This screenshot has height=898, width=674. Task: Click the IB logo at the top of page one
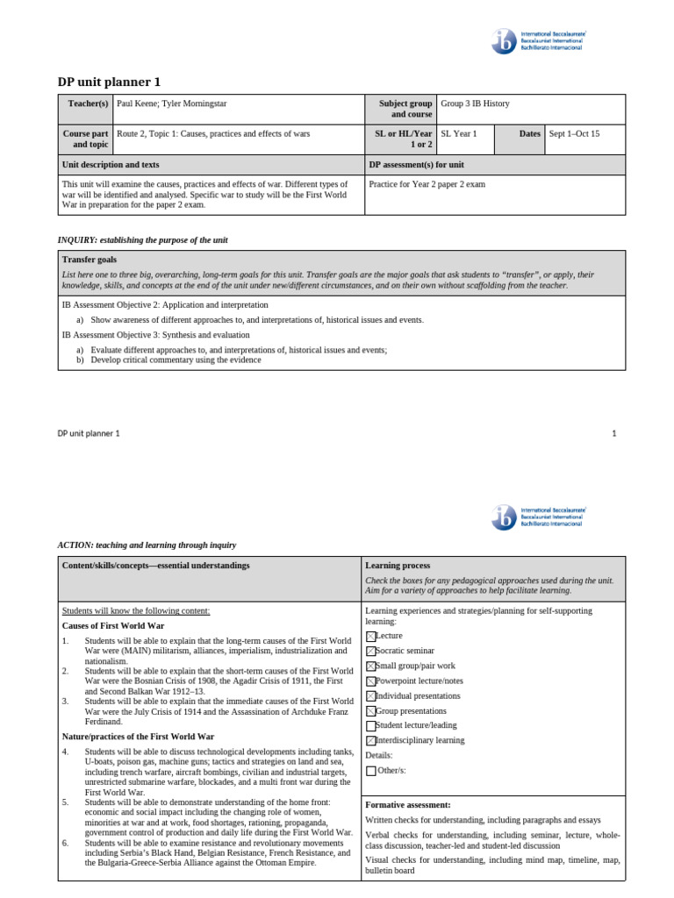tap(506, 41)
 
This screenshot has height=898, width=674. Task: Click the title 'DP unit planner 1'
tap(110, 82)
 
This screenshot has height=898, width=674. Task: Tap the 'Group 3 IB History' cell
tap(475, 103)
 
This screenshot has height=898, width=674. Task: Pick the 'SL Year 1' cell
tap(459, 134)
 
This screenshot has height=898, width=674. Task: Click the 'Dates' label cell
tap(529, 134)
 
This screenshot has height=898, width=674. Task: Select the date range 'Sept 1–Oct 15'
tap(574, 134)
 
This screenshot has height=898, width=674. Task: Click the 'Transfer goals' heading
tap(89, 260)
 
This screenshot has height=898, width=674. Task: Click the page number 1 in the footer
tap(614, 433)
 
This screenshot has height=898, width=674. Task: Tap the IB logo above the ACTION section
tap(506, 517)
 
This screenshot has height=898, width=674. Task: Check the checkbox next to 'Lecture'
tap(370, 636)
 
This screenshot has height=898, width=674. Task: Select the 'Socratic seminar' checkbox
tap(370, 651)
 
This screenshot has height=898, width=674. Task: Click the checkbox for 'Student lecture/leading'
tap(370, 726)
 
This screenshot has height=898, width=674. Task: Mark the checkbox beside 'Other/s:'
tap(370, 771)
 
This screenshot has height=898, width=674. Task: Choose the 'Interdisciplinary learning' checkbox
tap(370, 741)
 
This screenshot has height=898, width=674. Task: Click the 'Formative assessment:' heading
tap(407, 804)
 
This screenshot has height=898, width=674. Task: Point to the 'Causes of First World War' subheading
tap(113, 626)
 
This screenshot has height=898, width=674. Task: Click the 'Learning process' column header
tap(398, 566)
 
